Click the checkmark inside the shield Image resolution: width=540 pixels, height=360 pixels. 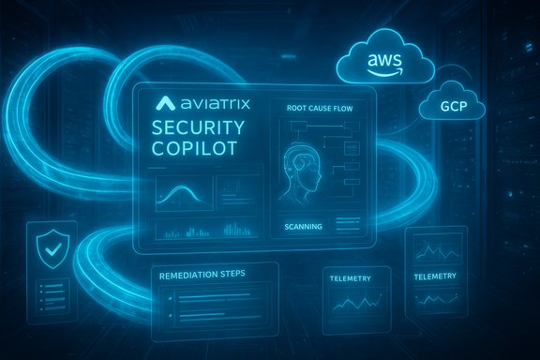coord(49,248)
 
